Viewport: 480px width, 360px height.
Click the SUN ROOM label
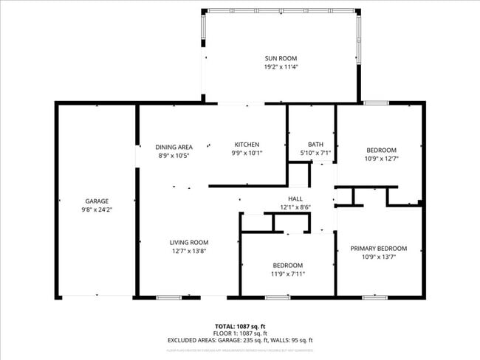click(281, 58)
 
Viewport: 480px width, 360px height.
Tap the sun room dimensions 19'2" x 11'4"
click(281, 67)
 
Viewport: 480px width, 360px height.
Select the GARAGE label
click(97, 201)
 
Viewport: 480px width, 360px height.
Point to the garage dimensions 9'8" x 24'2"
click(97, 210)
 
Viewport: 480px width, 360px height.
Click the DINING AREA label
click(174, 147)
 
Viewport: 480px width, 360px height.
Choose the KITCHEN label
click(247, 144)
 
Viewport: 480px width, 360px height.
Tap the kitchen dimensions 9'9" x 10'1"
click(247, 153)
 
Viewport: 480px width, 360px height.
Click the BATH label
click(315, 144)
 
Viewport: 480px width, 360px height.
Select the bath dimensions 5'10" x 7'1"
click(315, 153)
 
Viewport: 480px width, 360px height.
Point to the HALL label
click(295, 198)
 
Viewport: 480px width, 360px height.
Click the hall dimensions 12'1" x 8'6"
click(295, 207)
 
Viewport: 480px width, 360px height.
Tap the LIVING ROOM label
click(189, 242)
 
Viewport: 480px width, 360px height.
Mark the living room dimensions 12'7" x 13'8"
click(189, 251)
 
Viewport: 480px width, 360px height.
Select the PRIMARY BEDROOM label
click(378, 249)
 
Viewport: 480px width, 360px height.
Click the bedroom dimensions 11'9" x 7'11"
click(287, 274)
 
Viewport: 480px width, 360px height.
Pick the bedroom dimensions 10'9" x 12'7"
click(381, 158)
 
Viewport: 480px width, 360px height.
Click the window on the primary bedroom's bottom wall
click(374, 297)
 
